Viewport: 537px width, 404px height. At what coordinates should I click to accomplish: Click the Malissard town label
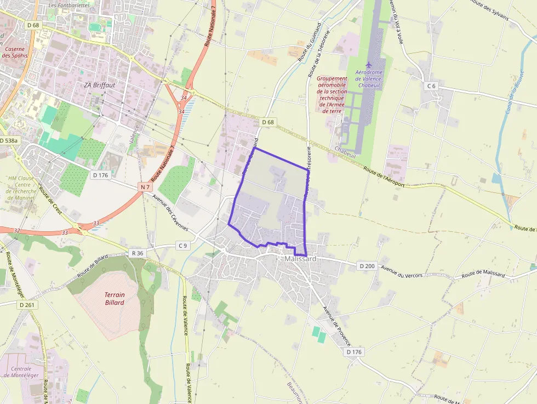(x=300, y=259)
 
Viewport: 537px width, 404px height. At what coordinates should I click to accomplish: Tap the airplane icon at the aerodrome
(x=368, y=65)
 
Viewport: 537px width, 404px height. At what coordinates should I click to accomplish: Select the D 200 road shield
(x=367, y=266)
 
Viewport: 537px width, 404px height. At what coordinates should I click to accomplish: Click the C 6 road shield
(x=431, y=86)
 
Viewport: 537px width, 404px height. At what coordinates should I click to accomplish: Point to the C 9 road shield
(x=182, y=246)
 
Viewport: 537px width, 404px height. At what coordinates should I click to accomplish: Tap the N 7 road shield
(x=145, y=187)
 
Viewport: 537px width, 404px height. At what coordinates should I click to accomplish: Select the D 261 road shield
(x=26, y=305)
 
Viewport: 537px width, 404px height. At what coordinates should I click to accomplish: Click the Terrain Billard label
(x=115, y=298)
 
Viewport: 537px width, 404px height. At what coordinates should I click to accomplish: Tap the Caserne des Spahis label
(x=14, y=52)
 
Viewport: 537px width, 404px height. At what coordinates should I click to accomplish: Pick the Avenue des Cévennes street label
(x=170, y=212)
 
